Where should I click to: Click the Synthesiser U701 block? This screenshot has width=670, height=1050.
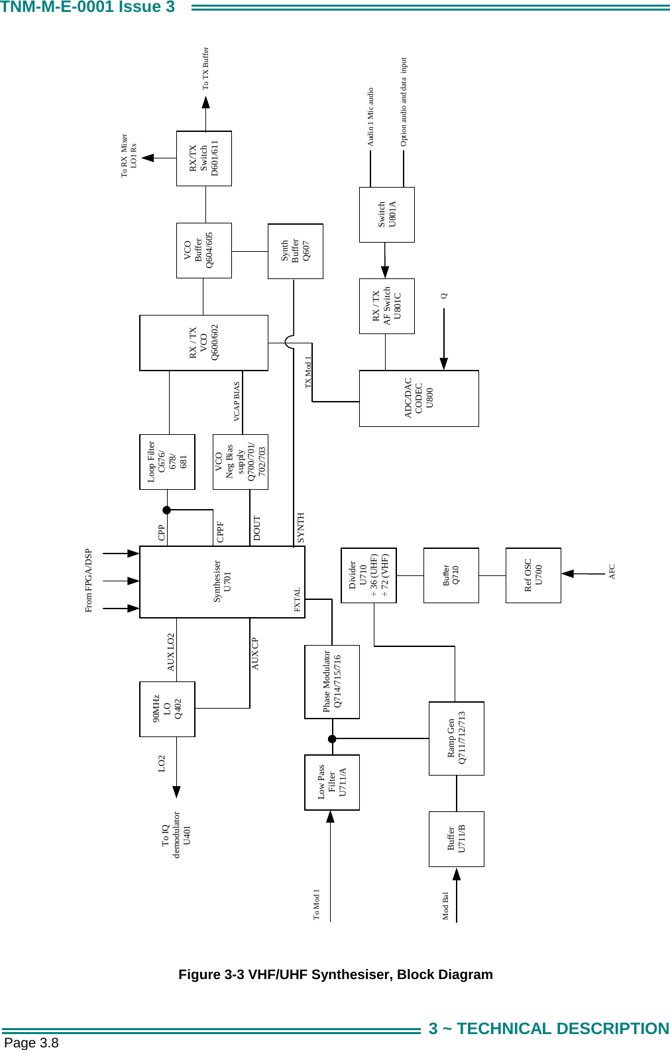222,581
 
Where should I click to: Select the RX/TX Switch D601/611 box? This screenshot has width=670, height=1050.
203,158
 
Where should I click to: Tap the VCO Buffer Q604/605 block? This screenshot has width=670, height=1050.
203,251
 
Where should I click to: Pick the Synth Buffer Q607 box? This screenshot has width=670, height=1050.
295,251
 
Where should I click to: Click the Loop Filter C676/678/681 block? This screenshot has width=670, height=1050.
167,462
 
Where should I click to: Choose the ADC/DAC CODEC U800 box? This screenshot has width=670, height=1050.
418,398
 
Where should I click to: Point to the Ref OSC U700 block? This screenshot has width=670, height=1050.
533,575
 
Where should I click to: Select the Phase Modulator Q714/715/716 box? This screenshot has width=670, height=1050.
332,681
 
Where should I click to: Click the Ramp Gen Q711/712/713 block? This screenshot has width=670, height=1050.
456,738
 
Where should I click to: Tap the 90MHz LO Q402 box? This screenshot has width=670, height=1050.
167,709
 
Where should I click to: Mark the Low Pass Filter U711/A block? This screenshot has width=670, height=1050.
332,782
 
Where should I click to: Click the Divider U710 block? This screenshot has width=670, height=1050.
368,575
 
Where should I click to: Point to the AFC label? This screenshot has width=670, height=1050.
612,572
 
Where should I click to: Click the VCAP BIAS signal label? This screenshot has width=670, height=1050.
237,402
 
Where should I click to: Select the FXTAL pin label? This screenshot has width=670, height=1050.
298,599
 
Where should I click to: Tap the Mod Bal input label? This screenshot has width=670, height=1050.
446,905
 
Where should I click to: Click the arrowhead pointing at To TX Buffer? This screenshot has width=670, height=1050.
206,102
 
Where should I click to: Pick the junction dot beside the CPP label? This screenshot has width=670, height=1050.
167,510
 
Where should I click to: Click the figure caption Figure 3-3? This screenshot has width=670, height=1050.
335,974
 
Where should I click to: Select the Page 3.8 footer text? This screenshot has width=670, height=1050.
31,1043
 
